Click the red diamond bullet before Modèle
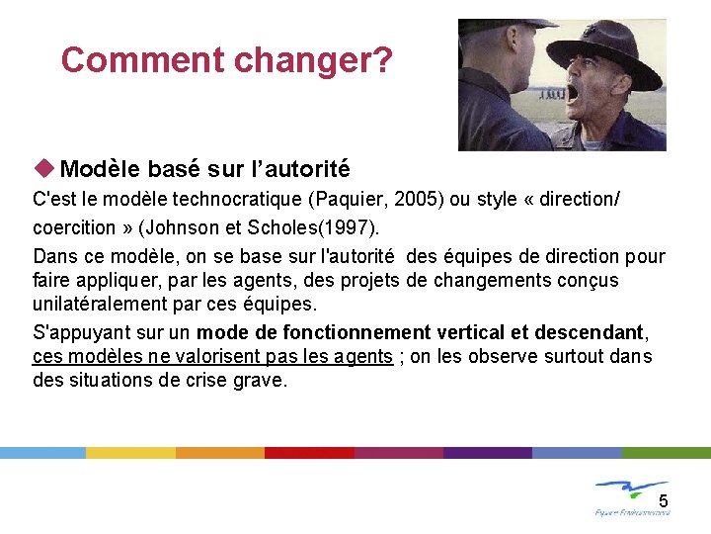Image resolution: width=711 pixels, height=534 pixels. (46, 169)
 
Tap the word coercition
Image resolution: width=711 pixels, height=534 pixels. (74, 227)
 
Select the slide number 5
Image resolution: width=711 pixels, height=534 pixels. (664, 500)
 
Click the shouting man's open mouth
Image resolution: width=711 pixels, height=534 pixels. (572, 94)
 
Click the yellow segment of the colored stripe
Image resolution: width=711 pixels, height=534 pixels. (130, 452)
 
